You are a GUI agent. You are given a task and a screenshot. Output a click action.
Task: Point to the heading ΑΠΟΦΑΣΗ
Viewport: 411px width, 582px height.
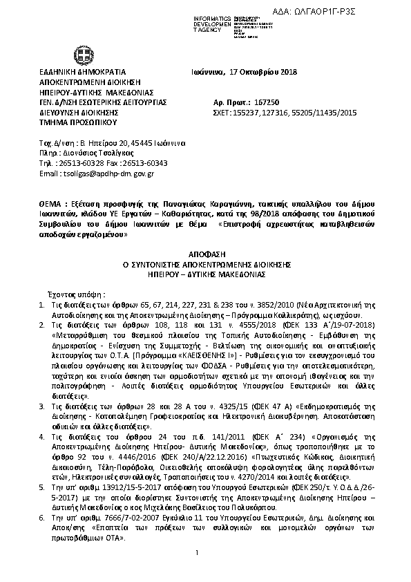(x=207, y=254)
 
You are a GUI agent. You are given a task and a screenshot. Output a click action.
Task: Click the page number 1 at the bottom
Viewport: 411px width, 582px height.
(x=197, y=571)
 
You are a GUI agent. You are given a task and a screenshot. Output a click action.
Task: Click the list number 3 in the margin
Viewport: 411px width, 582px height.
(x=42, y=405)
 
